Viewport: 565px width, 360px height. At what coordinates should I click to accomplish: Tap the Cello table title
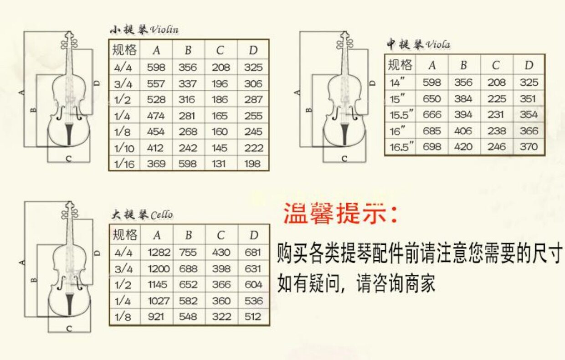(x=143, y=214)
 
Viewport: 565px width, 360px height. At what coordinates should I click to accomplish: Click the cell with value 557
(x=156, y=83)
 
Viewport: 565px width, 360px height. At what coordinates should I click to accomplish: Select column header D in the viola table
(x=529, y=65)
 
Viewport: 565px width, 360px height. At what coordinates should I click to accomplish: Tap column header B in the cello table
(x=189, y=235)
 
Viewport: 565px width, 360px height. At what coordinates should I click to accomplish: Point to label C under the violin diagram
(x=68, y=159)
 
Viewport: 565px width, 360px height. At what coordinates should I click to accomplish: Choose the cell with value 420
(x=463, y=147)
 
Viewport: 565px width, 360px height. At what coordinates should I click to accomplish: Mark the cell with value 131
(x=220, y=164)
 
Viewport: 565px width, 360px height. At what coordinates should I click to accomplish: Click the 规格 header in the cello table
(x=125, y=235)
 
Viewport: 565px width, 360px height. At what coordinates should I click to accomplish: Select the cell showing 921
(x=156, y=316)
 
